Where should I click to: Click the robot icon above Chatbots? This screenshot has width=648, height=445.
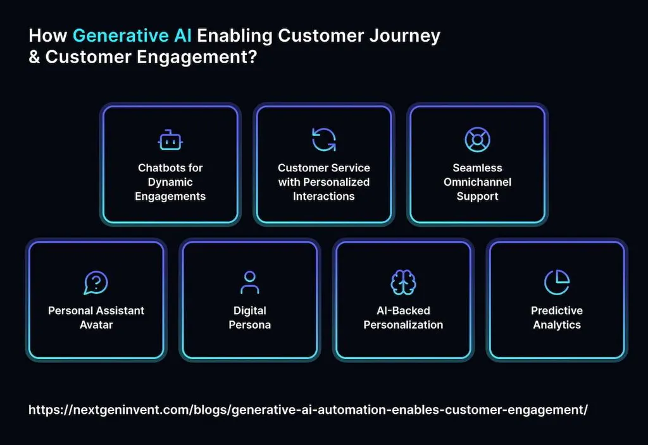coord(170,140)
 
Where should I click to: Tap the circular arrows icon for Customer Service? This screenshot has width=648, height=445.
coord(324,140)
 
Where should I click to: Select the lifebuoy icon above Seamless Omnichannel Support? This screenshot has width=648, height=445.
coord(477,140)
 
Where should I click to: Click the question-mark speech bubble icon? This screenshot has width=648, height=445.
coord(96,283)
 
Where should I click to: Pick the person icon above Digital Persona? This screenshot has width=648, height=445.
coord(250,283)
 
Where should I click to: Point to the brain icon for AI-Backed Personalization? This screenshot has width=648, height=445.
coord(403,283)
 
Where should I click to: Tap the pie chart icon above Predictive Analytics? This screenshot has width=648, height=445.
coord(557,283)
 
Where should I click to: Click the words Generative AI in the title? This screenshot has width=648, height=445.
coord(133,36)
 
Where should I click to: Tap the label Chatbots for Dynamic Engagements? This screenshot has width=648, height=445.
coord(170,182)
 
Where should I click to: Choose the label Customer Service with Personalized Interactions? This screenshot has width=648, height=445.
coord(324,182)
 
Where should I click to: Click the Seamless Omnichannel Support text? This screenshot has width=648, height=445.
coord(477,182)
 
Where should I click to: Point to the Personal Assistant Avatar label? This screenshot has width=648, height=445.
coord(96,317)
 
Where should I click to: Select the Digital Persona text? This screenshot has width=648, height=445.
coord(250,317)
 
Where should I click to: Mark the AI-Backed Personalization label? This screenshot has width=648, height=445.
coord(403,317)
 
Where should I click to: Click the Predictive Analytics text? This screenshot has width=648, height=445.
coord(557,317)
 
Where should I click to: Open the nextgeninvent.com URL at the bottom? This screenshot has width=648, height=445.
coord(308,410)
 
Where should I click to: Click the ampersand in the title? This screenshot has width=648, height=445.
coord(34,56)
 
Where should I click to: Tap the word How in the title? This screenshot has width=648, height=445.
coord(48,36)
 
